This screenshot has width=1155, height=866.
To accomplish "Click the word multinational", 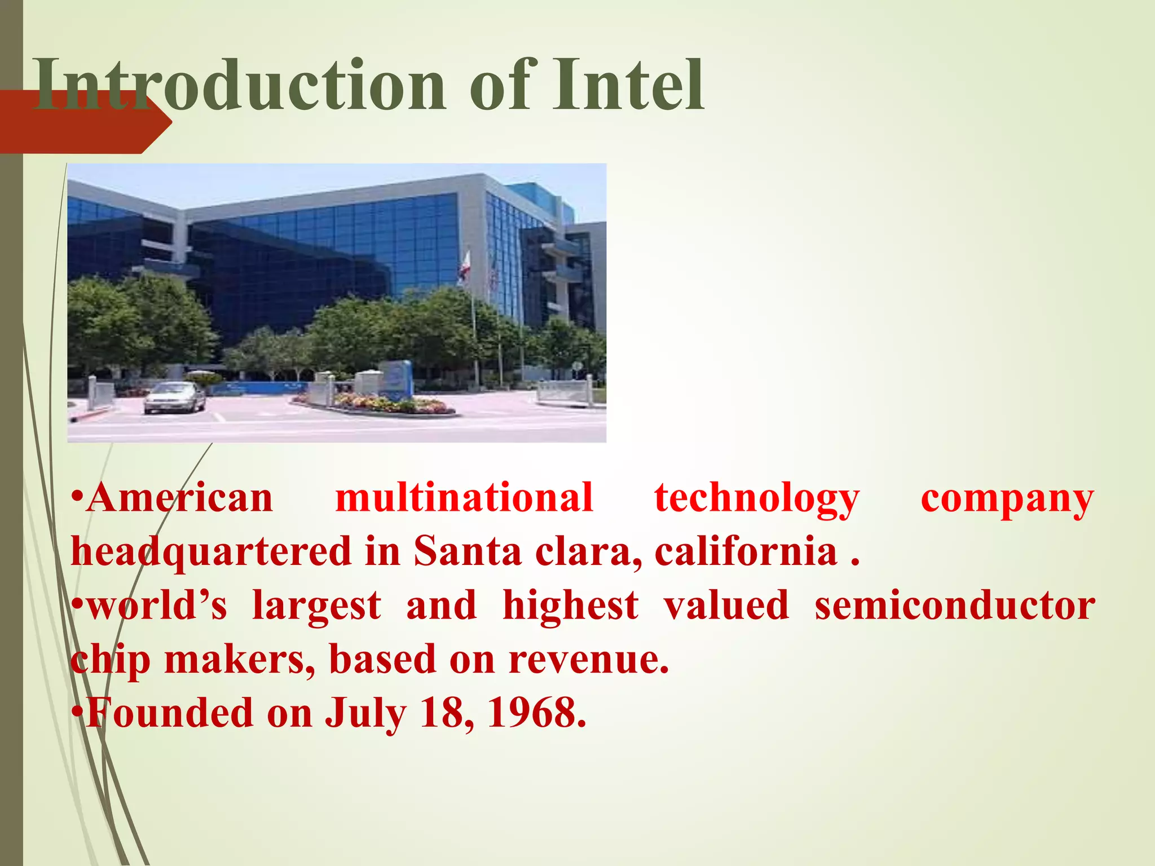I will [x=464, y=498].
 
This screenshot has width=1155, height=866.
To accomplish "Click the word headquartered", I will [x=211, y=552].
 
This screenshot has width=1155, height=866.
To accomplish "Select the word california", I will [x=746, y=551].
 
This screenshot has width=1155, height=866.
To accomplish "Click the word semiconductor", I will [x=954, y=606].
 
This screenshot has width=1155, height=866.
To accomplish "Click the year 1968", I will [x=536, y=713].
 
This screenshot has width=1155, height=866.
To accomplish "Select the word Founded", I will [x=169, y=713].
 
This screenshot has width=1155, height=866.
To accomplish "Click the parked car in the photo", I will [x=174, y=397].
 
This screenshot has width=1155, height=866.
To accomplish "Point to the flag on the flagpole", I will [x=464, y=268].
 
